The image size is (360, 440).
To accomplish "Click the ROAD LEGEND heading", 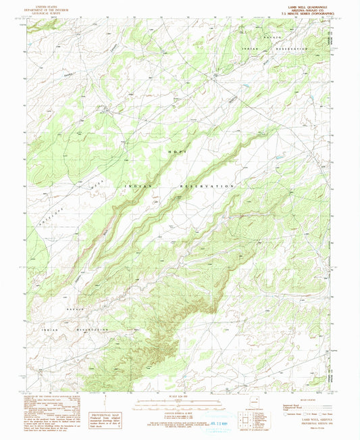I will click(x=304, y=399).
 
